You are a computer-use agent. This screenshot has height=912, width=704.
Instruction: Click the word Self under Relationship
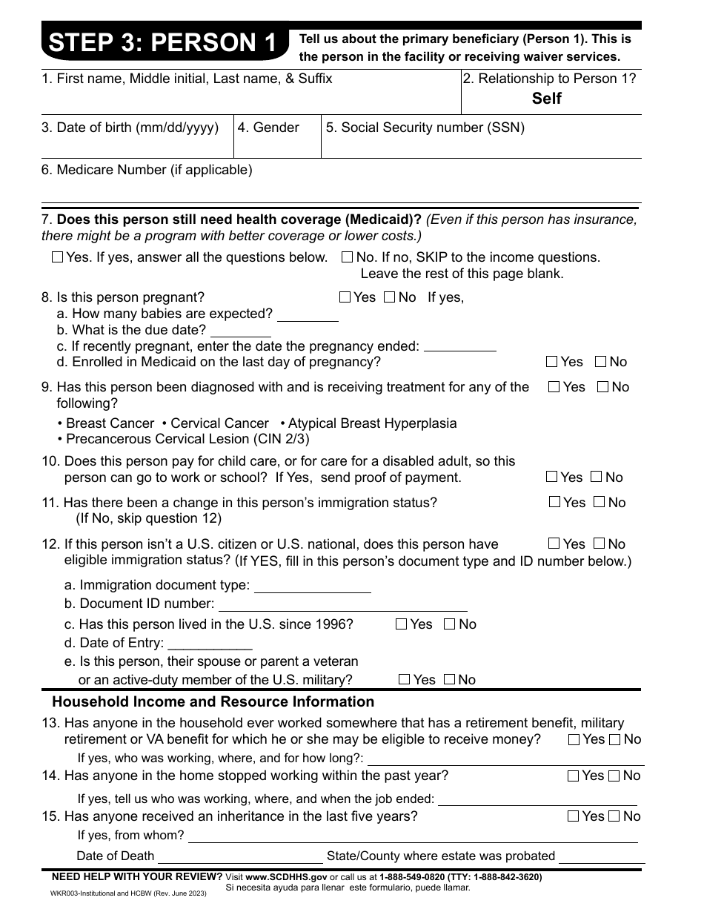pos(547,99)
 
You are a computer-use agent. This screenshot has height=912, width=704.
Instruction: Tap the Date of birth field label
pos(130,128)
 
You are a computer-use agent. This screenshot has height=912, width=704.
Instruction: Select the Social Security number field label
pos(425,128)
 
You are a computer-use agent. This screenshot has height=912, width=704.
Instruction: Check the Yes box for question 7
pos(58,258)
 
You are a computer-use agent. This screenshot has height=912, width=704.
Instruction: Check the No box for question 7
pos(347,258)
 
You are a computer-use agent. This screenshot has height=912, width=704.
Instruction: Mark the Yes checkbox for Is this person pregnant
pos(345,298)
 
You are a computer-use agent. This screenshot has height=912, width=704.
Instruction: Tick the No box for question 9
pos(603,387)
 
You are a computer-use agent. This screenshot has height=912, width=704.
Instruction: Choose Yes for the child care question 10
pos(551,478)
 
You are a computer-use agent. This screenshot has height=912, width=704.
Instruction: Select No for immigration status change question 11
pos(600,503)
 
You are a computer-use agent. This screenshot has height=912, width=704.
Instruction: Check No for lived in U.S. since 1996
pos(449,624)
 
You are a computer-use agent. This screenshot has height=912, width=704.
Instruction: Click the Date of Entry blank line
pos(210,644)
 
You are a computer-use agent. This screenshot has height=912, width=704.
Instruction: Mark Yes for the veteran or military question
pos(404,680)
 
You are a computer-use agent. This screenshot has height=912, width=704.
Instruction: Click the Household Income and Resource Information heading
pos(213,702)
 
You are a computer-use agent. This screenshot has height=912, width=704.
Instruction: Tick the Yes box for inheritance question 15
pos(573,816)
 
